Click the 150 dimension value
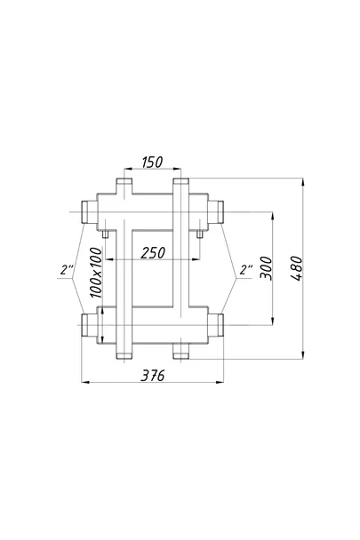coord(152,162)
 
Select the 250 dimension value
coord(153,253)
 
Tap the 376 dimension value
coord(153,376)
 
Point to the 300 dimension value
coord(266,268)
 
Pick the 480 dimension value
coord(296,268)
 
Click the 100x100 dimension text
coord(96,273)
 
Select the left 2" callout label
coord(67,270)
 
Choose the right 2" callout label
coord(246,270)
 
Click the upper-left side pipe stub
coord(89,211)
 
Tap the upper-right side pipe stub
coord(215,211)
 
